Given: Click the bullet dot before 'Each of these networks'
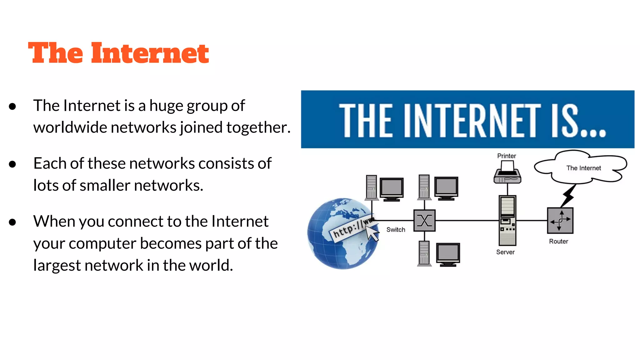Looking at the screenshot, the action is (x=12, y=164).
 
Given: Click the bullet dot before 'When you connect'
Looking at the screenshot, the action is (x=12, y=222).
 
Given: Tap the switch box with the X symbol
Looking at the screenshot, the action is (x=424, y=221).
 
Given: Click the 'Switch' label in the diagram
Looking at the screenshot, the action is (x=396, y=230).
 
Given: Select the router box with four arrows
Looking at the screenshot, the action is (x=560, y=221).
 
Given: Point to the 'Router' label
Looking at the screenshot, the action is (x=558, y=241).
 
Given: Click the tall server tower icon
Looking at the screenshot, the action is (x=507, y=221).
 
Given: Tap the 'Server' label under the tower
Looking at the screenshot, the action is (x=505, y=252).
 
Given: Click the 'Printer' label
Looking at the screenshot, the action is (x=507, y=156).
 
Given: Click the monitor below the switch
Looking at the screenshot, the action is (x=448, y=254).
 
